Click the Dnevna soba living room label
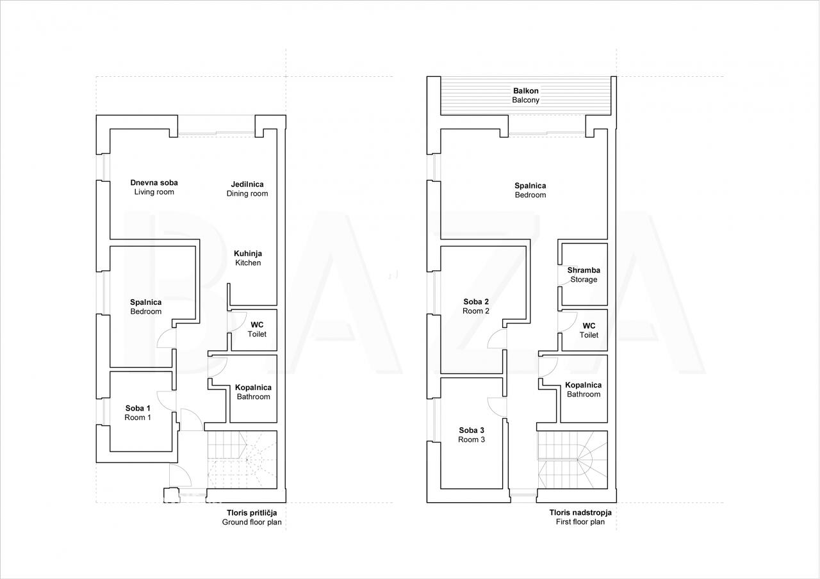154,187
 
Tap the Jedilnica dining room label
247,189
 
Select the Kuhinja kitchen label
248,258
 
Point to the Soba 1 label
138,413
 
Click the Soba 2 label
476,306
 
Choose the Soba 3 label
471,435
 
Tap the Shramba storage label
584,275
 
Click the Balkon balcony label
526,95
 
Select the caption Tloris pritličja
252,513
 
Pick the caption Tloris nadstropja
580,513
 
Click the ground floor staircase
242,460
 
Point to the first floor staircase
572,460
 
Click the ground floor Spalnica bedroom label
145,307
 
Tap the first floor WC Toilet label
589,330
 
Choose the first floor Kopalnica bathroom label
584,389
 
